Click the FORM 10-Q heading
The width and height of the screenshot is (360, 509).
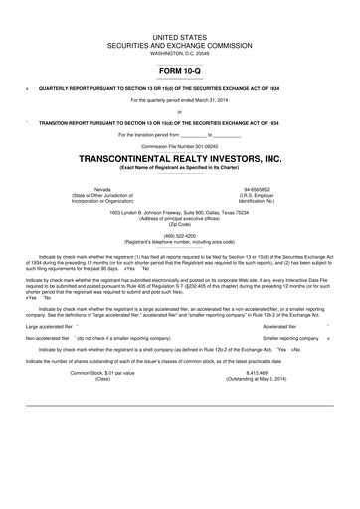179,72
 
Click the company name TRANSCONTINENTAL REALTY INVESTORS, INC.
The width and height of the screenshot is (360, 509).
179,158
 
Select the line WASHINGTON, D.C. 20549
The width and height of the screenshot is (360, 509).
179,52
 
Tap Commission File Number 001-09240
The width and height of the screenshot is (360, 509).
179,145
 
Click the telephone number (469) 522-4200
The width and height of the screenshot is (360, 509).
179,234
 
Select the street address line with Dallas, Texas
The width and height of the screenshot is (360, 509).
179,211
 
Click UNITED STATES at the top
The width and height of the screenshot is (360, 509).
179,35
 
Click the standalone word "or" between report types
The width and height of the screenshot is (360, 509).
179,111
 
